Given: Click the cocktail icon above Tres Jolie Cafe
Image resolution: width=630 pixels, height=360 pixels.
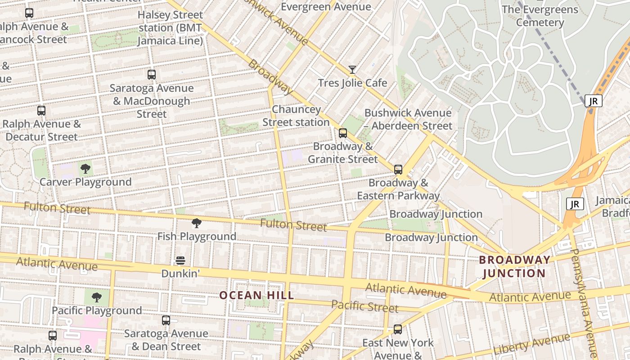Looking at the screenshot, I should (352, 70).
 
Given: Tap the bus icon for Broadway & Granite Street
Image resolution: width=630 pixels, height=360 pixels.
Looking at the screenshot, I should (343, 133).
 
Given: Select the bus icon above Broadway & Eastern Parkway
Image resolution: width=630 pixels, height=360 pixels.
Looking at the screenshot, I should (398, 170).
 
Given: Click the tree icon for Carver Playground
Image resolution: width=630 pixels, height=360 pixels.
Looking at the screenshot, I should (85, 169).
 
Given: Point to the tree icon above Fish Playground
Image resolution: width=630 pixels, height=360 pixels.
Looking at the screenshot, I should (197, 223).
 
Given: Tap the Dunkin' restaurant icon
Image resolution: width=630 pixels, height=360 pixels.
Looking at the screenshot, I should (180, 261).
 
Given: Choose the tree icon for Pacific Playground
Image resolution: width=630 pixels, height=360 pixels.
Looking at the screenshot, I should (96, 297).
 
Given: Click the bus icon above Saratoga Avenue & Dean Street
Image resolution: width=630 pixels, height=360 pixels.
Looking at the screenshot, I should (166, 320).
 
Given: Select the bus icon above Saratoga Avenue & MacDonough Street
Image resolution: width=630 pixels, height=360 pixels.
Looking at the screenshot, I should (152, 75).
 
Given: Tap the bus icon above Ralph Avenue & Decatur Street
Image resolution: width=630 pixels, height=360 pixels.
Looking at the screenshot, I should (41, 111).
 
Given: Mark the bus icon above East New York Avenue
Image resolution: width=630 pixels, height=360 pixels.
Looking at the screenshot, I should (398, 329).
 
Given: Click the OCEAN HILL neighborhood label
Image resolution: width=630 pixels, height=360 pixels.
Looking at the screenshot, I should (256, 295).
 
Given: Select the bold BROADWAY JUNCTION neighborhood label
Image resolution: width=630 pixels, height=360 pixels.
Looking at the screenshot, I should (514, 266).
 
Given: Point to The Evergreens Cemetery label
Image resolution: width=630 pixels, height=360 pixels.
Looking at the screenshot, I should (540, 16).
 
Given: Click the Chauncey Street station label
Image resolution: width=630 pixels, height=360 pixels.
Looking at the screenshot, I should (296, 116).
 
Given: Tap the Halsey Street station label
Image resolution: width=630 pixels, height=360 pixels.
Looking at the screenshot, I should (170, 28).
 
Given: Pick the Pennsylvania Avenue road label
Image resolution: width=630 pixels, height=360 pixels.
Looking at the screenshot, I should (585, 301).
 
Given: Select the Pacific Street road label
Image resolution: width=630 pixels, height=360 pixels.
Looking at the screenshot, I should (364, 306).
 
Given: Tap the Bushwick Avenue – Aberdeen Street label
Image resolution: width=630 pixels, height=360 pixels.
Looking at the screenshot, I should (408, 119).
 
